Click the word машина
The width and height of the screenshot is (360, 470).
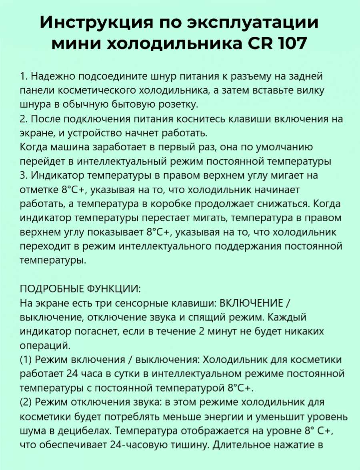point(70,147)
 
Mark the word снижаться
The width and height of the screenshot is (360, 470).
point(285,204)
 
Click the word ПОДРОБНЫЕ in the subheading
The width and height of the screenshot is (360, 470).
point(49,289)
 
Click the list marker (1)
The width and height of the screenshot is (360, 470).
point(26,360)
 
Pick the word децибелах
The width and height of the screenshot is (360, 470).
point(82,431)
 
